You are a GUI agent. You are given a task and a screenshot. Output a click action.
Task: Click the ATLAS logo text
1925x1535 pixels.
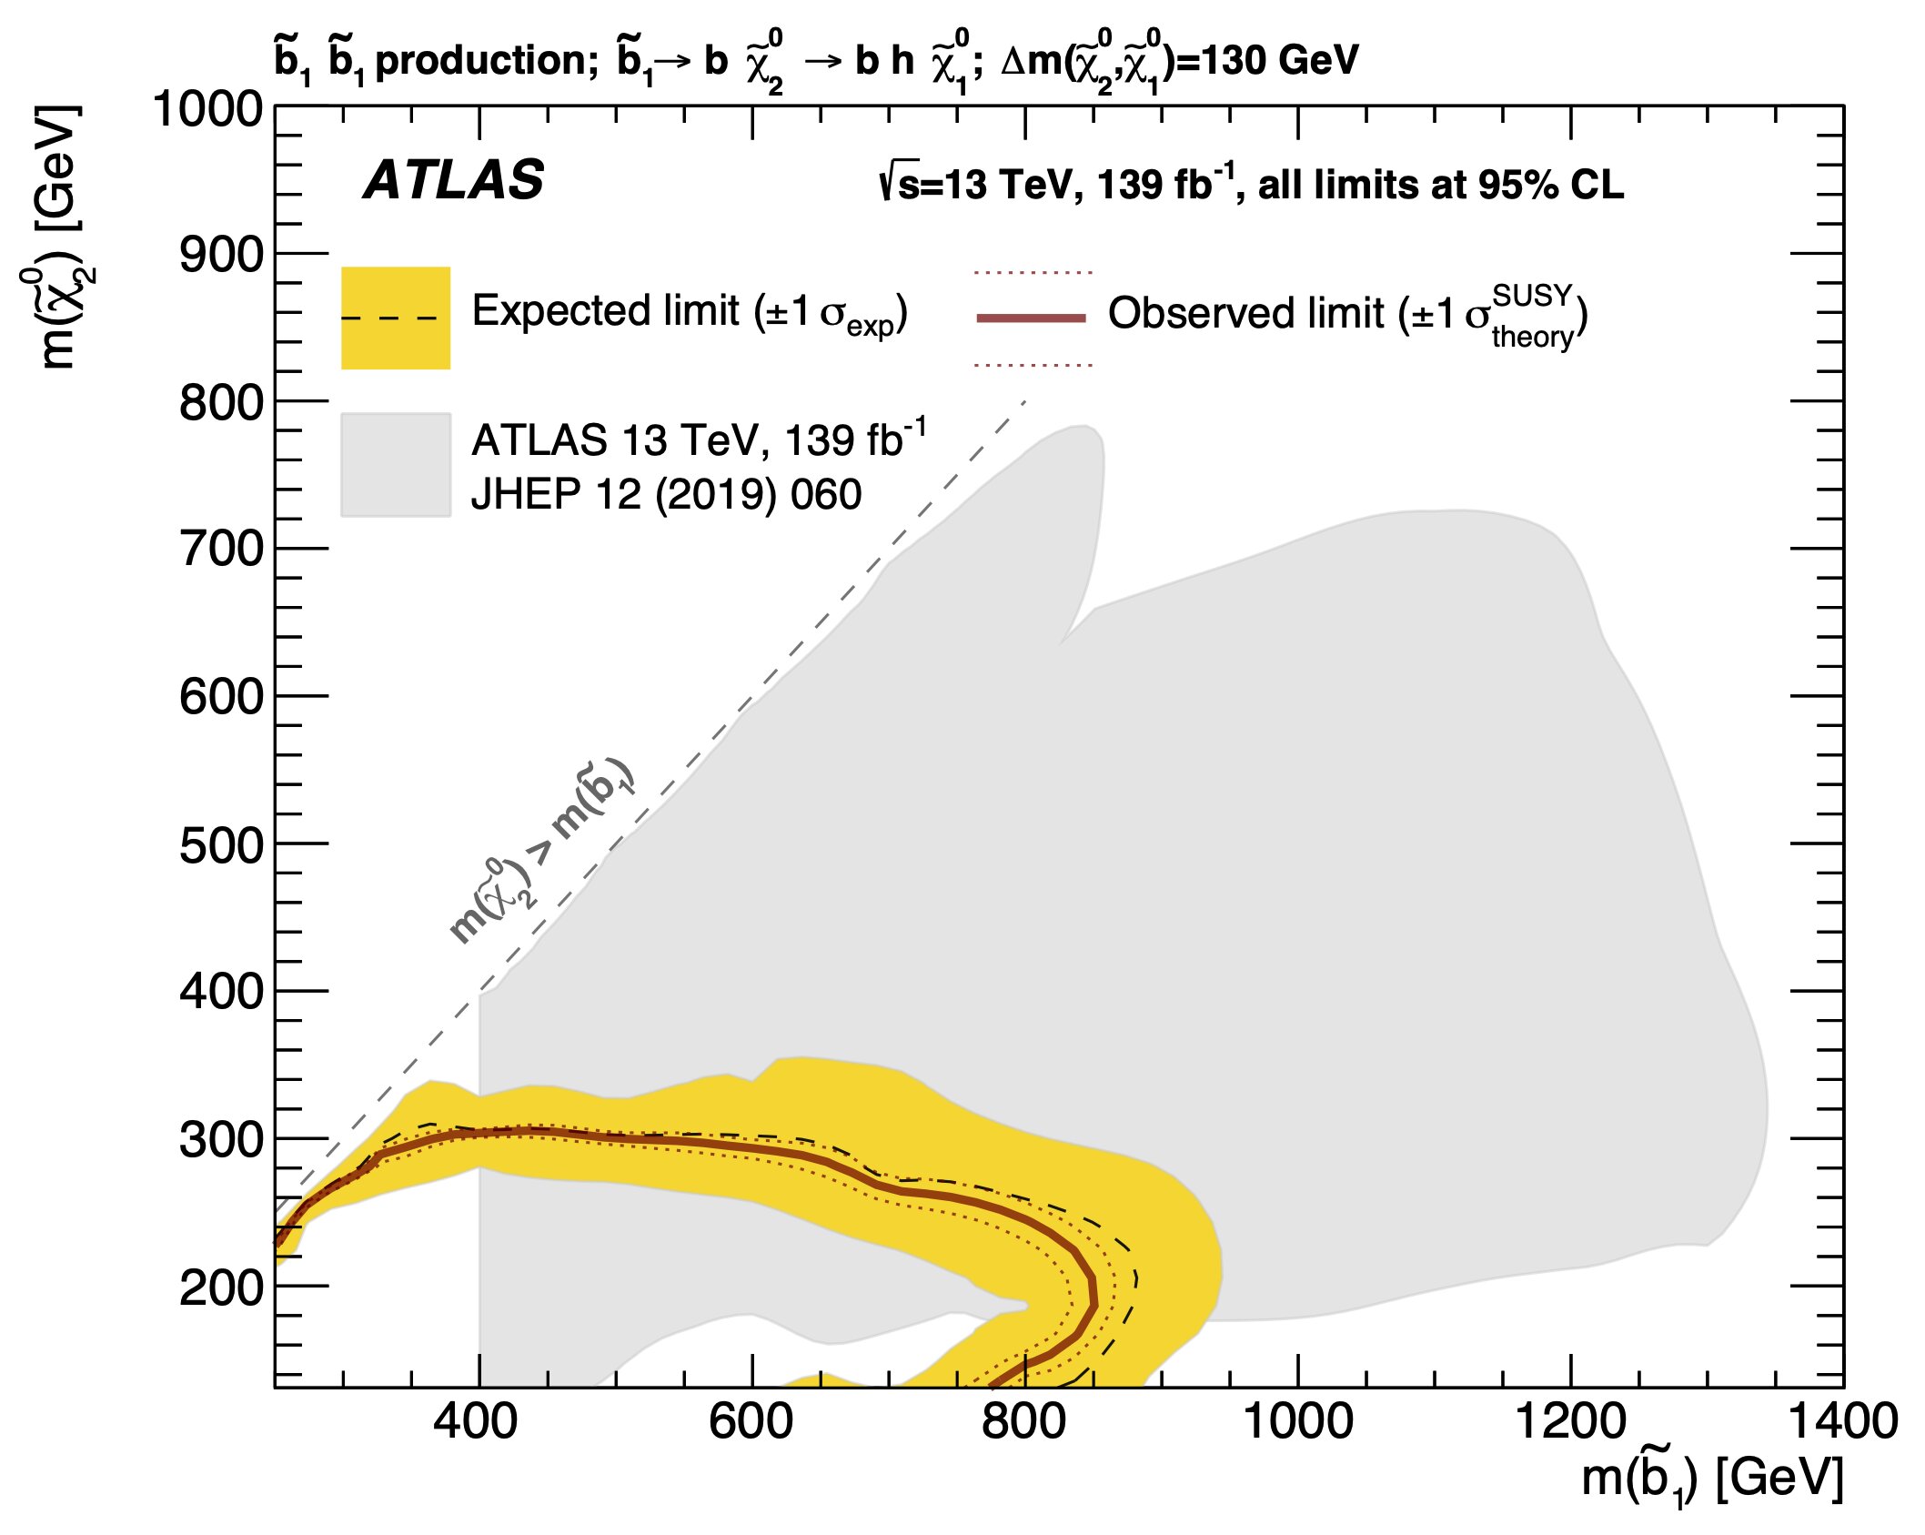coord(453,180)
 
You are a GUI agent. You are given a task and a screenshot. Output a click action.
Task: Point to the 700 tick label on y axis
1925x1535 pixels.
coord(221,550)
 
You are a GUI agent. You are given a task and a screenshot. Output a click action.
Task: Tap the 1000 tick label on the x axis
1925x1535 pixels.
coord(1297,1421)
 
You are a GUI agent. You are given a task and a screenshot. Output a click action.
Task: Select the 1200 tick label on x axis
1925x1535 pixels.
coord(1570,1421)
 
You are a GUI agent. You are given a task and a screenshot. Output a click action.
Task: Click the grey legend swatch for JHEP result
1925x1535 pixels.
coord(395,465)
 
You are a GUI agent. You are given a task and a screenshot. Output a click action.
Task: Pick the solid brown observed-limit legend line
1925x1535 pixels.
coord(1031,318)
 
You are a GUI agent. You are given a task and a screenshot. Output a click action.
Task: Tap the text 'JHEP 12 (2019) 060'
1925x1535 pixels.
coord(666,495)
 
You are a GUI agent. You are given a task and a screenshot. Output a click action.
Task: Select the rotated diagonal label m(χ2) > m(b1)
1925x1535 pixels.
coord(542,851)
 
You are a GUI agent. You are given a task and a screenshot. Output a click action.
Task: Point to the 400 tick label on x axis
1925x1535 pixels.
coord(475,1421)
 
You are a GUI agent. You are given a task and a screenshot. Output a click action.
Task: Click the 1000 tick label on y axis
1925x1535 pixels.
coord(207,109)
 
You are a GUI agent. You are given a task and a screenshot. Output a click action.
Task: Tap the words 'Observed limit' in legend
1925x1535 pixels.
coord(1245,314)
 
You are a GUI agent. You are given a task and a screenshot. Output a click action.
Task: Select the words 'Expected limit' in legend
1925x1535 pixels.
coord(605,311)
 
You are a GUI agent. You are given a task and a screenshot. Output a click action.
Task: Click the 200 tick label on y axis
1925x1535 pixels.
coord(221,1288)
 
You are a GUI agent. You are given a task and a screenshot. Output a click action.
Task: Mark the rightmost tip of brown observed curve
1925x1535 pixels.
coord(1094,1292)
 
